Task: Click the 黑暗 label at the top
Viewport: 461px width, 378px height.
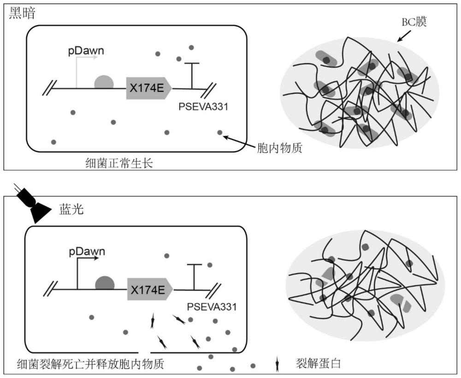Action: (23, 13)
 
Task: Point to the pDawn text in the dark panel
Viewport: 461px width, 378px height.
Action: (86, 50)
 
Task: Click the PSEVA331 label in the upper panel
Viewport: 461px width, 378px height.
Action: (203, 107)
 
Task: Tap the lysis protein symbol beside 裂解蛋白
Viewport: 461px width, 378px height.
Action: (277, 365)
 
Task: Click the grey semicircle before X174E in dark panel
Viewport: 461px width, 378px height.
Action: (104, 82)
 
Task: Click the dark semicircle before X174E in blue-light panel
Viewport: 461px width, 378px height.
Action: (105, 283)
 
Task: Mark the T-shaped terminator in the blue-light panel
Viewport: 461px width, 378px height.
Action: (194, 276)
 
